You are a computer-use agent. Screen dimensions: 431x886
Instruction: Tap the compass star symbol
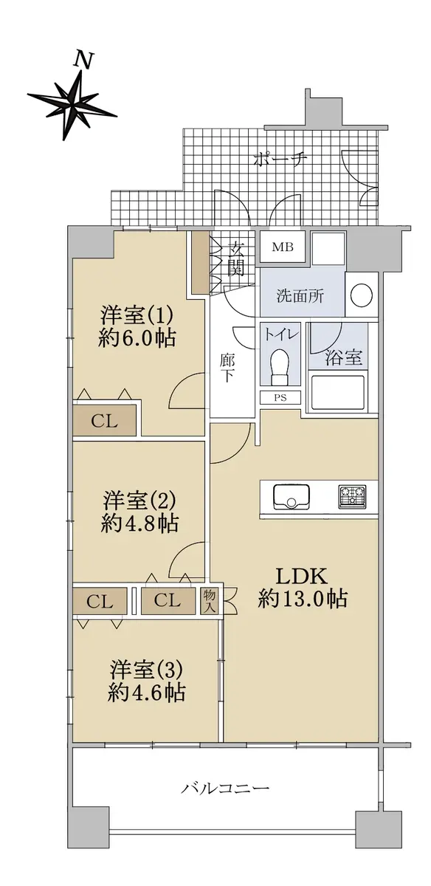[x=72, y=104]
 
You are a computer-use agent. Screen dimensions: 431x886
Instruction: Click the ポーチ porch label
[x=280, y=160]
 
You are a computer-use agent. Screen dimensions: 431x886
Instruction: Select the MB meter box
[x=283, y=247]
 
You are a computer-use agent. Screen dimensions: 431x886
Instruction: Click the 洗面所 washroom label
[x=300, y=296]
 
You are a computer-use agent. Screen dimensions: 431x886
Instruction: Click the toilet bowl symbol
[x=280, y=365]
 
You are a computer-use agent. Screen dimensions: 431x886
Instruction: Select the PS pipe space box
[x=280, y=397]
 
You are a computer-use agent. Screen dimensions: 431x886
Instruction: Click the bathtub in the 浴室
[x=338, y=392]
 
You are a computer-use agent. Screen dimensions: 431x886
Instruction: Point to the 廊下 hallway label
[x=227, y=368]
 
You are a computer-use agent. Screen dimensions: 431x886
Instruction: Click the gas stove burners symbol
[x=352, y=497]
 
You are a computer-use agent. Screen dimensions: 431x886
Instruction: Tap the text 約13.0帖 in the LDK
[x=303, y=599]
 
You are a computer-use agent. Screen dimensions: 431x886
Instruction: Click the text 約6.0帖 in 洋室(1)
[x=137, y=339]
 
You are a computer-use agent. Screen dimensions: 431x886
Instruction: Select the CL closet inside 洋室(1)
[x=104, y=422]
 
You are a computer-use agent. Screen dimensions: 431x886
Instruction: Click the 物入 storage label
[x=210, y=601]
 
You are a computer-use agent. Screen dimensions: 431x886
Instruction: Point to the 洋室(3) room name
[x=146, y=670]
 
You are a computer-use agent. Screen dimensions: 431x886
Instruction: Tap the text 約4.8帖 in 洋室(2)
[x=139, y=523]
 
